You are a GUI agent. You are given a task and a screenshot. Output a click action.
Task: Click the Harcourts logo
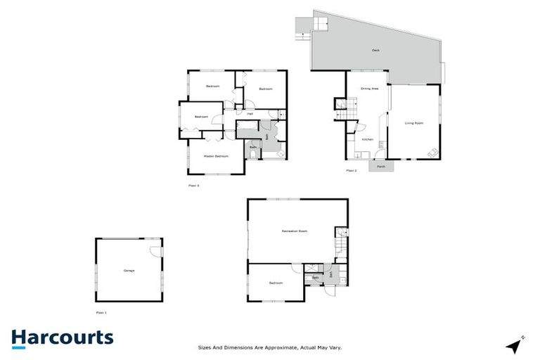(x=62, y=337)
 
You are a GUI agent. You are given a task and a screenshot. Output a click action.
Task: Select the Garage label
(x=129, y=271)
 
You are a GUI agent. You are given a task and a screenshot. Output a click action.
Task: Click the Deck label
(x=376, y=50)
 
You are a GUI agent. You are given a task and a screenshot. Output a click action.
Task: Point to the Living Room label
(x=413, y=123)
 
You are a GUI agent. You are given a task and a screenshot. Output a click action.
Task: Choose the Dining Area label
(x=370, y=89)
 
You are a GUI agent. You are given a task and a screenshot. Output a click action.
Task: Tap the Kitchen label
(x=367, y=139)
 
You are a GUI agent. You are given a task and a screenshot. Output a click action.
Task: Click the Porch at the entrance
(x=380, y=167)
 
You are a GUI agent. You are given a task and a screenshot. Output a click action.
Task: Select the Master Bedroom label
(x=216, y=155)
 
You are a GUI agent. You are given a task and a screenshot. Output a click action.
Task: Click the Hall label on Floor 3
(x=250, y=113)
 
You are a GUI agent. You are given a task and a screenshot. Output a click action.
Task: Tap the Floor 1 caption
(x=101, y=311)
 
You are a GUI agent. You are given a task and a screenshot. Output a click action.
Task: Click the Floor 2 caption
(x=352, y=171)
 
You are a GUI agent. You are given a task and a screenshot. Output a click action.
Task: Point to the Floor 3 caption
(x=193, y=186)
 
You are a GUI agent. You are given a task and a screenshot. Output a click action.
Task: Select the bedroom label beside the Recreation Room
(x=275, y=283)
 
